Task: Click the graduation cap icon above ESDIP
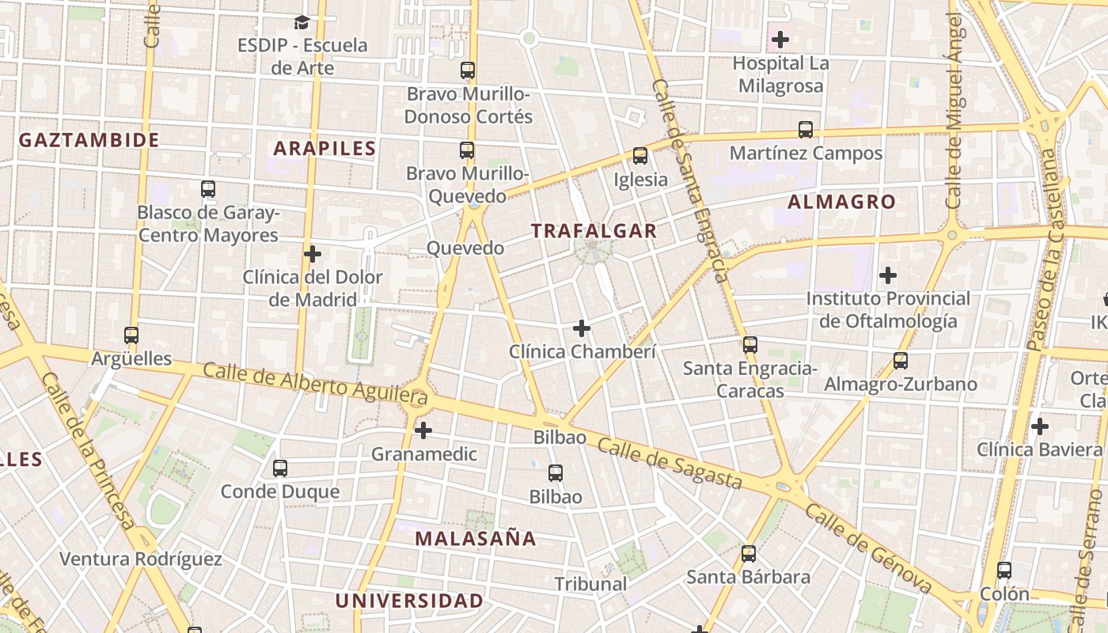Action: (x=302, y=22)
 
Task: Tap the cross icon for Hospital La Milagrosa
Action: (x=780, y=39)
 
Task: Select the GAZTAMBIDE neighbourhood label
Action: (x=89, y=140)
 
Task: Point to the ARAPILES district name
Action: (x=324, y=148)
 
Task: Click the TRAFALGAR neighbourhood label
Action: (x=594, y=231)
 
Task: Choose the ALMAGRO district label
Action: (x=841, y=202)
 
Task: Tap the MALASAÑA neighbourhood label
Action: (x=476, y=539)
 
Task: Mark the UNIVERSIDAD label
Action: (x=408, y=601)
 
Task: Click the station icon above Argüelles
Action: (x=131, y=335)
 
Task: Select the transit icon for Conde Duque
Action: (x=280, y=468)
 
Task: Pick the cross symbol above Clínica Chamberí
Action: (x=582, y=328)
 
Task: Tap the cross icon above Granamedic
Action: (x=423, y=430)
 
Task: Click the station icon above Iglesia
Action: (x=640, y=156)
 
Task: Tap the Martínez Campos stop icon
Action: (x=806, y=129)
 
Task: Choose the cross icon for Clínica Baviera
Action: (x=1040, y=426)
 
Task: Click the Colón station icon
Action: (x=1004, y=570)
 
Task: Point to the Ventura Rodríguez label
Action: (x=141, y=559)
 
